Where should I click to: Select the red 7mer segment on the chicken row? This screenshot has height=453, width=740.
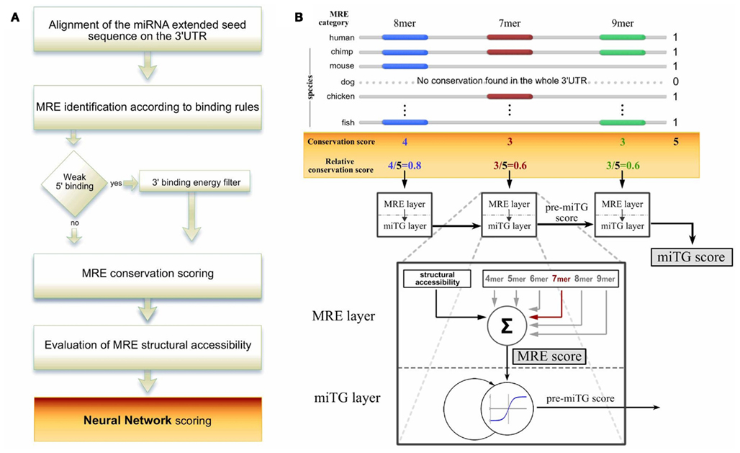(x=510, y=96)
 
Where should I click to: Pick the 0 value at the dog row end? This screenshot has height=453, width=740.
(x=675, y=81)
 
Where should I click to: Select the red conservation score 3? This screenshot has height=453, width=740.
(x=510, y=142)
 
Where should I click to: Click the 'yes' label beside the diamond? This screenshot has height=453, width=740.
(x=115, y=182)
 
